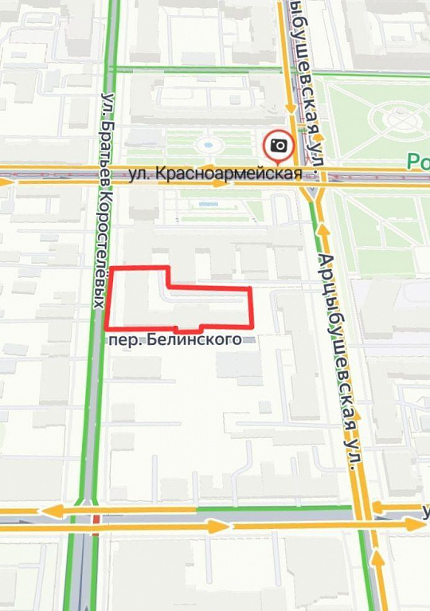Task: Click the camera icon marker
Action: point(279,146)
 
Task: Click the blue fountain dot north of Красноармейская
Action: point(209,146)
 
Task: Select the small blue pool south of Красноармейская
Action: point(209,205)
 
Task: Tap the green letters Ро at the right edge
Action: point(418,162)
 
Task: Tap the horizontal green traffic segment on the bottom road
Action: point(275,507)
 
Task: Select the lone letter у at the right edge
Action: point(425,511)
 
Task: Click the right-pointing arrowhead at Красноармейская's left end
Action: point(7,182)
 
